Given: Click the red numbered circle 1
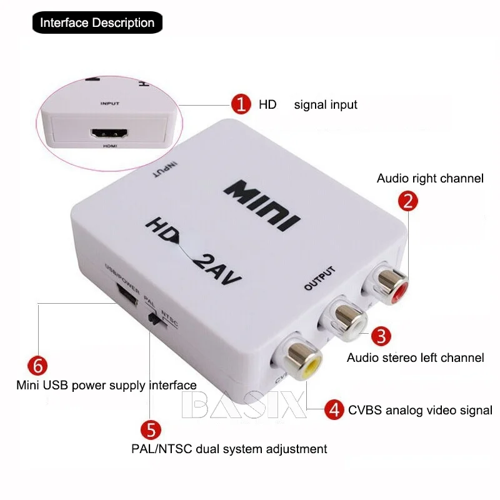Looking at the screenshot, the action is coord(240,104).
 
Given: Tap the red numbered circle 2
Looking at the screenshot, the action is coord(408,201).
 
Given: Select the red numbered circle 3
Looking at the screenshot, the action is coord(381,336).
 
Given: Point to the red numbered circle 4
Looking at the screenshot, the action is coord(335,410).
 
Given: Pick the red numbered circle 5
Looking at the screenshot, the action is coord(151,430).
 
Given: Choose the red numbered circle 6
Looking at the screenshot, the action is coord(37,365).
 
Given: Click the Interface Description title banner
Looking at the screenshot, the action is coord(97,23).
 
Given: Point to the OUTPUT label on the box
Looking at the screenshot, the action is coord(320,279).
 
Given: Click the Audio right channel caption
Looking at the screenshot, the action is coord(430,179).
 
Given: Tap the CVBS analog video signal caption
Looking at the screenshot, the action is coord(420,411).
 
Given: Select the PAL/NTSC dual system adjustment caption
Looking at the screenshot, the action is coord(229,449).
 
